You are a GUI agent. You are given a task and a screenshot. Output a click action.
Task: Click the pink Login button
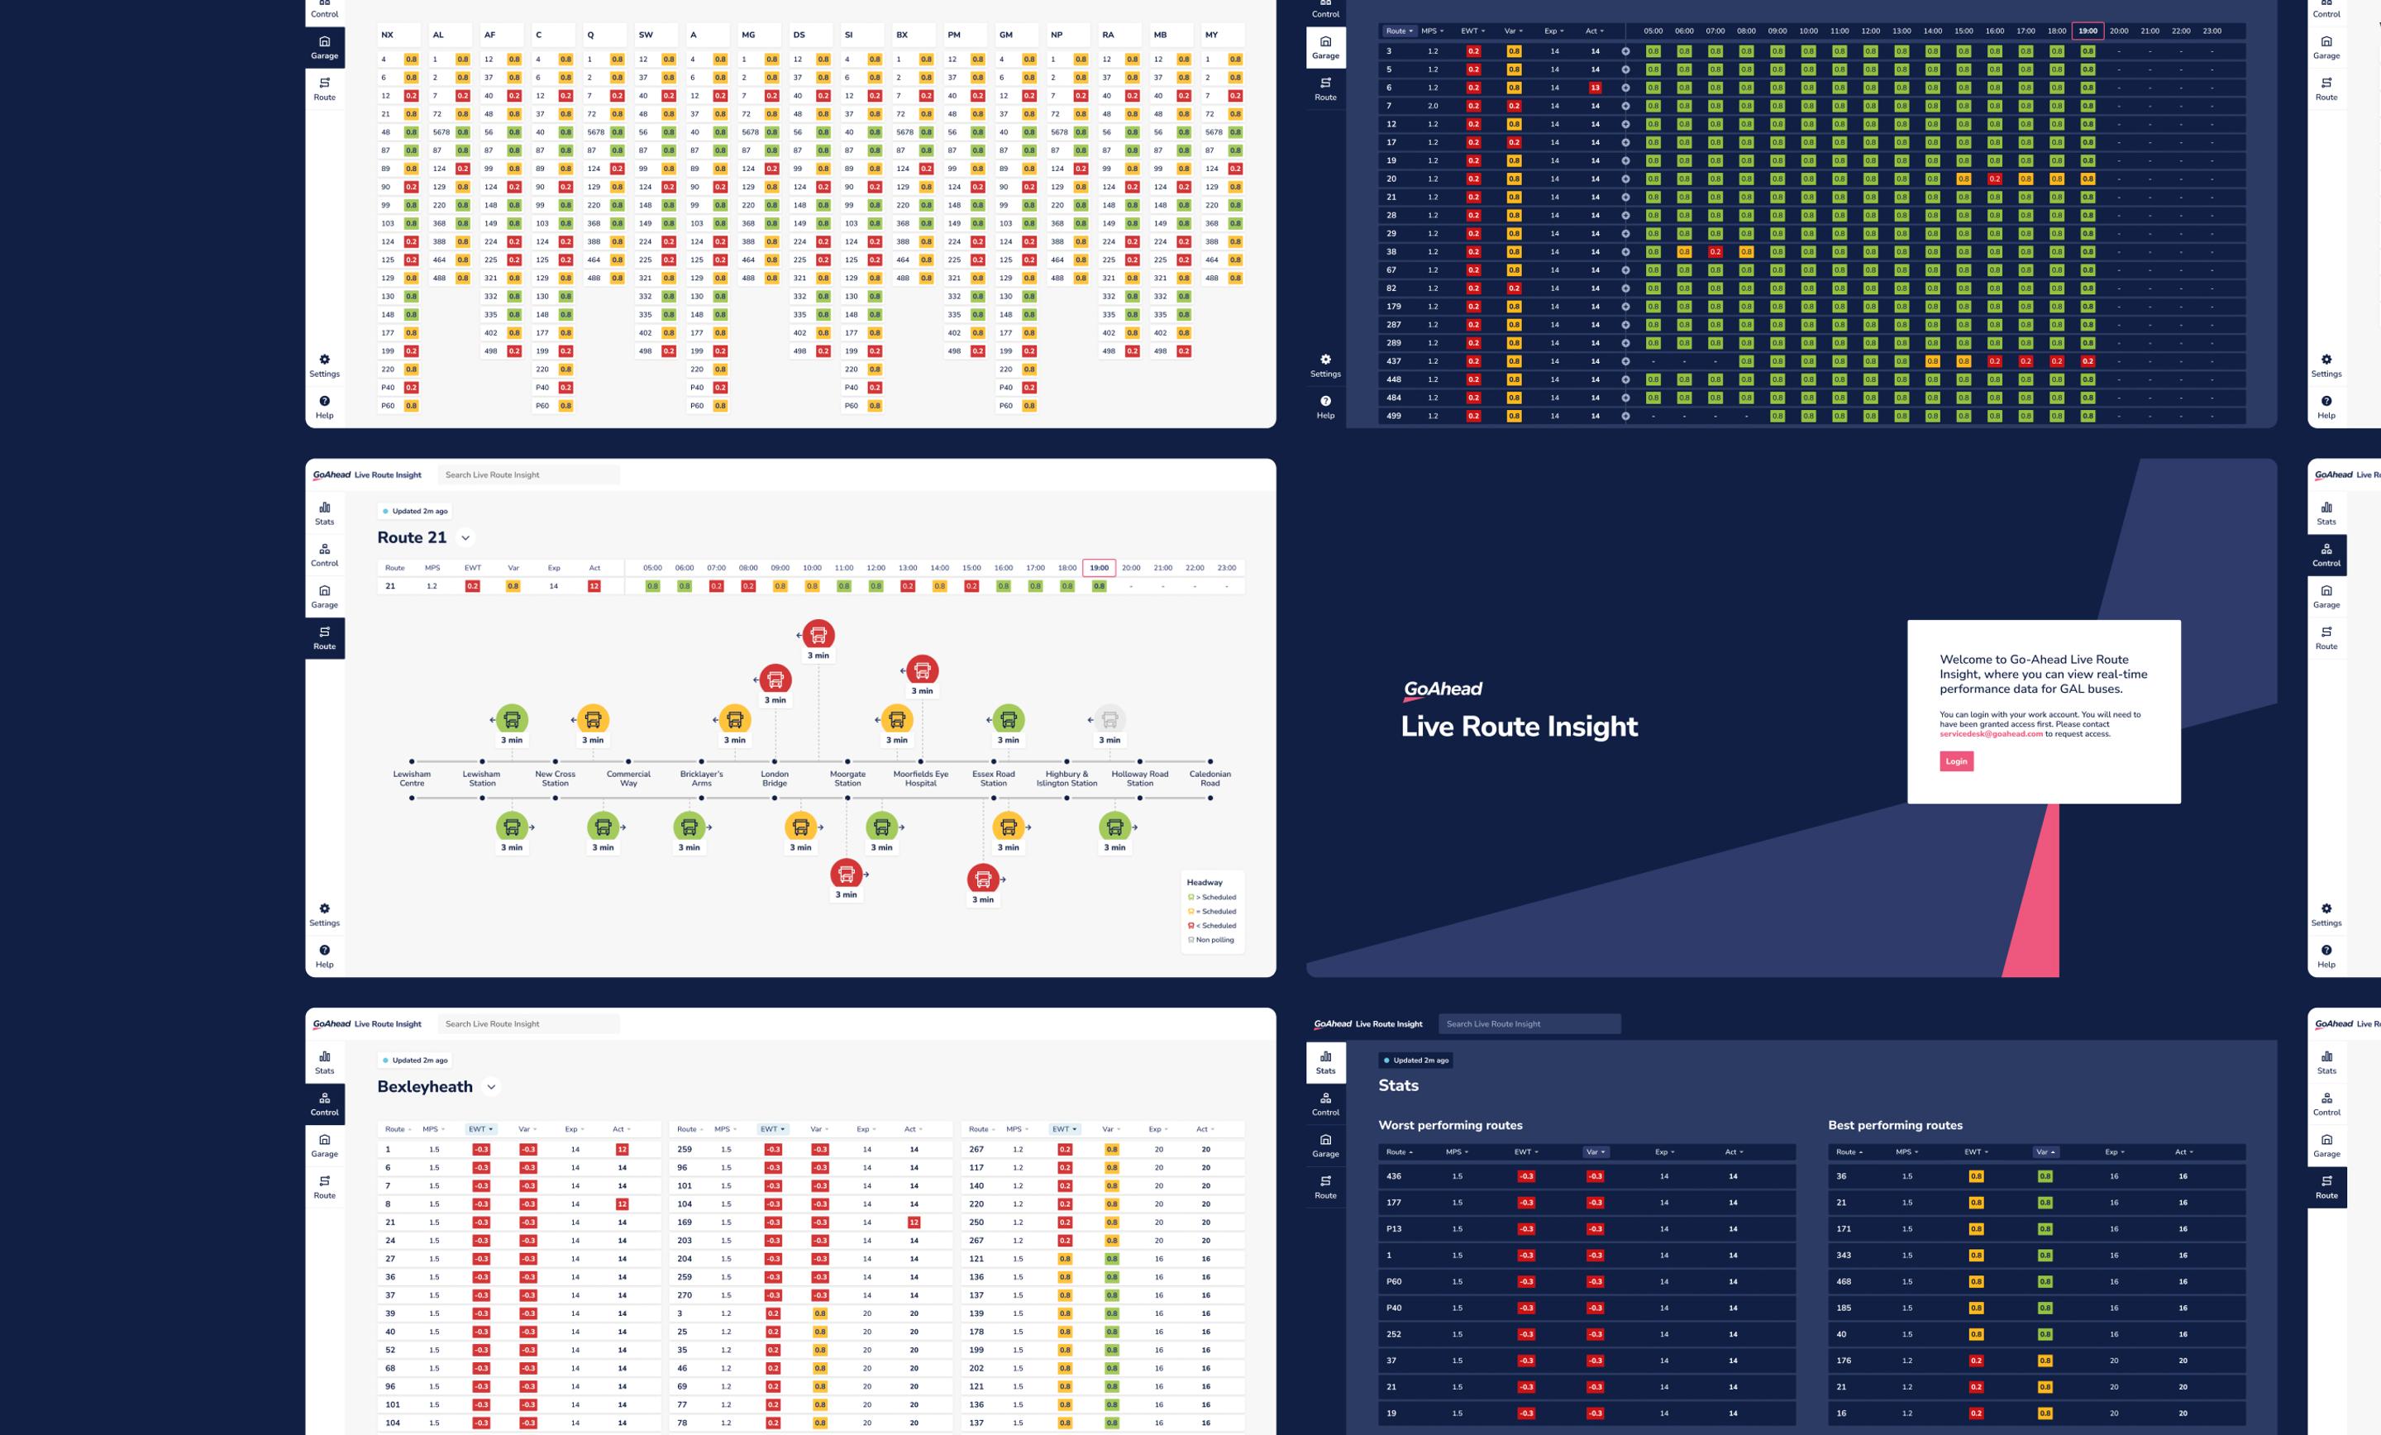pos(1956,761)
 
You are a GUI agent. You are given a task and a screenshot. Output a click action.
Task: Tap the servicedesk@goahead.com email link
pos(1991,733)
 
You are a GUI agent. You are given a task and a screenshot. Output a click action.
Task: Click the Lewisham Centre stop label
pos(412,778)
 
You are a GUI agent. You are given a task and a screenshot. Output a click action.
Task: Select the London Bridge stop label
pos(774,778)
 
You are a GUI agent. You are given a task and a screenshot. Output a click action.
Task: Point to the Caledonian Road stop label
pos(1210,778)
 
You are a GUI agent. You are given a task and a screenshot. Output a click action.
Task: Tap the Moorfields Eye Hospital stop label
pos(920,778)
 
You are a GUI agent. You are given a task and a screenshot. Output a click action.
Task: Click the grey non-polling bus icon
pos(1109,719)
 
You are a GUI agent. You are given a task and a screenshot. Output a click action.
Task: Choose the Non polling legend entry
pos(1214,939)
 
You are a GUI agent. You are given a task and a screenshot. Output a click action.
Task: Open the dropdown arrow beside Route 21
pos(465,538)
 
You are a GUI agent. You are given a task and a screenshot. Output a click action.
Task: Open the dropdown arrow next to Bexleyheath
pos(491,1087)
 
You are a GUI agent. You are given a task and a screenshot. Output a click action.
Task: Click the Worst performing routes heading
pos(1449,1125)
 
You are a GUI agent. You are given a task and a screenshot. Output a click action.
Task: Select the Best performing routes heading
pos(1894,1125)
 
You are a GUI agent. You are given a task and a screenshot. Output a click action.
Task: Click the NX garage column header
pos(388,35)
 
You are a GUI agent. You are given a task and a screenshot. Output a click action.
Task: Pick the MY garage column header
pos(1212,35)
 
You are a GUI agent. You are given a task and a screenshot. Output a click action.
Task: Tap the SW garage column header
pos(646,35)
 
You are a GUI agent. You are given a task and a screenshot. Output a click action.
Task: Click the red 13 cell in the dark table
pos(1596,88)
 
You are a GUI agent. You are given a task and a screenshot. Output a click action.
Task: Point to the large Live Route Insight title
pos(1519,727)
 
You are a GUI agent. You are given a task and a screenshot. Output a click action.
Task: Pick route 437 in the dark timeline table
pos(1393,361)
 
